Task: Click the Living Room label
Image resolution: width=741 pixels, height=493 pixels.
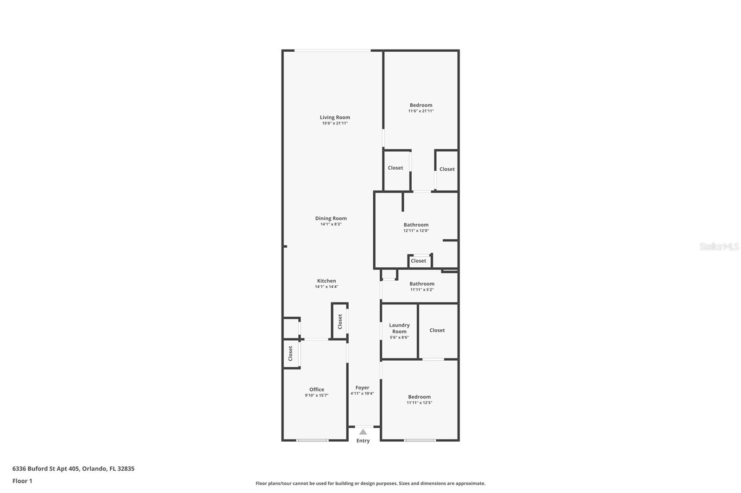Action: (x=334, y=117)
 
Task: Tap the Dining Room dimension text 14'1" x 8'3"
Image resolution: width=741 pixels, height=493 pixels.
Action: (x=331, y=224)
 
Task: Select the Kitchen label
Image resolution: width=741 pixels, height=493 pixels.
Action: (x=327, y=281)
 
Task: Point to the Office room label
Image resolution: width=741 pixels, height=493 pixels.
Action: (x=317, y=389)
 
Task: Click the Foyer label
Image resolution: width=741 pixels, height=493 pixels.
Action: (x=362, y=388)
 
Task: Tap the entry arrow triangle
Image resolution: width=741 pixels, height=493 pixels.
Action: (x=363, y=431)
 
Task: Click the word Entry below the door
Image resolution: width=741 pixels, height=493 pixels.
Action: (x=363, y=441)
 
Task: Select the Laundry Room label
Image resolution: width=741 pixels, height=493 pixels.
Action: (x=399, y=328)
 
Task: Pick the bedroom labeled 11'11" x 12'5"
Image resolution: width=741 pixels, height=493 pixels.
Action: (x=419, y=397)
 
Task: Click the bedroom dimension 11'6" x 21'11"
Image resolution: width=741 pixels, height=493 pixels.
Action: (x=421, y=111)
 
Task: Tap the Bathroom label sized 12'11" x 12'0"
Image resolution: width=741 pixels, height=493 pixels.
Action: (x=416, y=225)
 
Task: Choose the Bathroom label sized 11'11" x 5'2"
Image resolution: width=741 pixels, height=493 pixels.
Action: (x=421, y=284)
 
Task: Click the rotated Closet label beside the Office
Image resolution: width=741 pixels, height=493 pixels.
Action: (x=290, y=353)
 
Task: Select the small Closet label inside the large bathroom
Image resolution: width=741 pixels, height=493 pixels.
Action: (x=418, y=261)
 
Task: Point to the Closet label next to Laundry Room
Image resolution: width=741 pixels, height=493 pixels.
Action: (x=437, y=330)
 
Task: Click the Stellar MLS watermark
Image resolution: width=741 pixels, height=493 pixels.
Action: (x=719, y=246)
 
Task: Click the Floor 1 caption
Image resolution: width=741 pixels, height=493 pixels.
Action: (x=22, y=481)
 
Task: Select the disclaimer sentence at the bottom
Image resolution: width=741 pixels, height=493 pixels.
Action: (x=370, y=483)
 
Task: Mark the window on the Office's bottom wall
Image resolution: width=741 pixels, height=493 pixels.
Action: (x=312, y=440)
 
